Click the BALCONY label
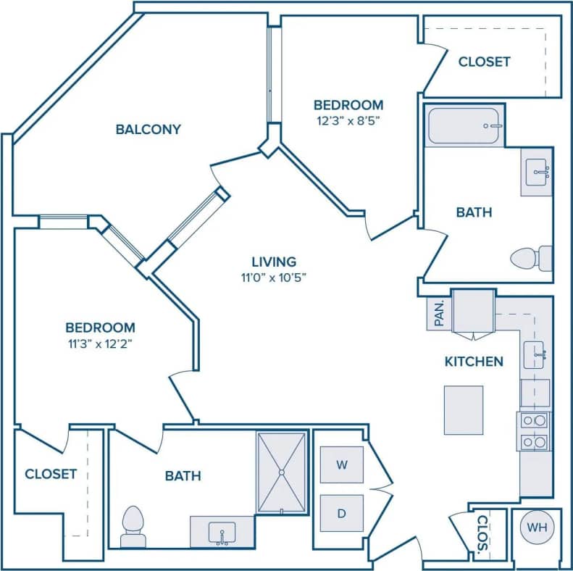point(148,130)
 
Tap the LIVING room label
point(274,262)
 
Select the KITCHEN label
point(474,361)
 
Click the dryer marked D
point(340,514)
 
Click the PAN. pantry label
point(439,313)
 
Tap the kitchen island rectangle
point(464,410)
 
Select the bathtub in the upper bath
point(464,126)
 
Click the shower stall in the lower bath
point(282,472)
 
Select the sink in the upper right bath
point(537,172)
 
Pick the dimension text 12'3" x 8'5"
point(348,121)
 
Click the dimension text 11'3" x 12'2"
point(100,343)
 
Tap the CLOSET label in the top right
point(484,62)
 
